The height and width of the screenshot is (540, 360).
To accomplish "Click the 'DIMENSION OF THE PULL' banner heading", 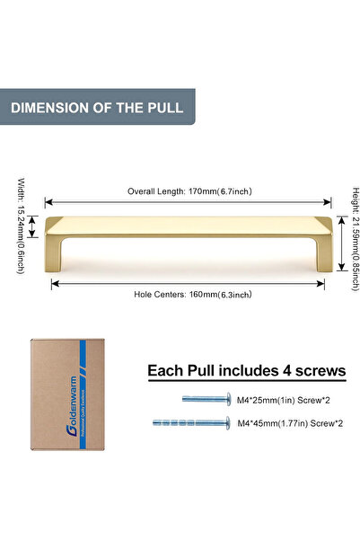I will click(97, 108).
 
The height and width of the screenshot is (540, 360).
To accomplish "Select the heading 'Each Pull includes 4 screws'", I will click(245, 370).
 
